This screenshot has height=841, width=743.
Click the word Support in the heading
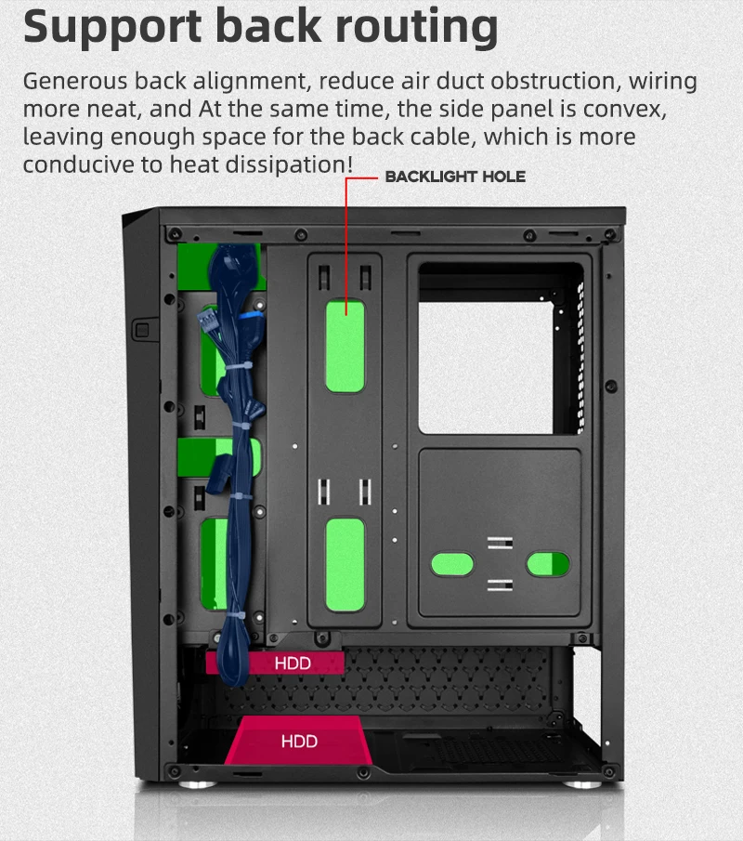click(109, 27)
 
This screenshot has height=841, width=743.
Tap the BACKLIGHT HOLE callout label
click(455, 177)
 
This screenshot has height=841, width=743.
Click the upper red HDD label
click(293, 663)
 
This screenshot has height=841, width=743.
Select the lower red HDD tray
click(299, 741)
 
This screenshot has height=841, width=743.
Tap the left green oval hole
click(451, 562)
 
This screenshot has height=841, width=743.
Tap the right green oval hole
click(548, 562)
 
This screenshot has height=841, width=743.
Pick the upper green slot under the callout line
click(344, 346)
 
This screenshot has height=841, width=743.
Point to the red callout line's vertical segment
click(347, 242)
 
